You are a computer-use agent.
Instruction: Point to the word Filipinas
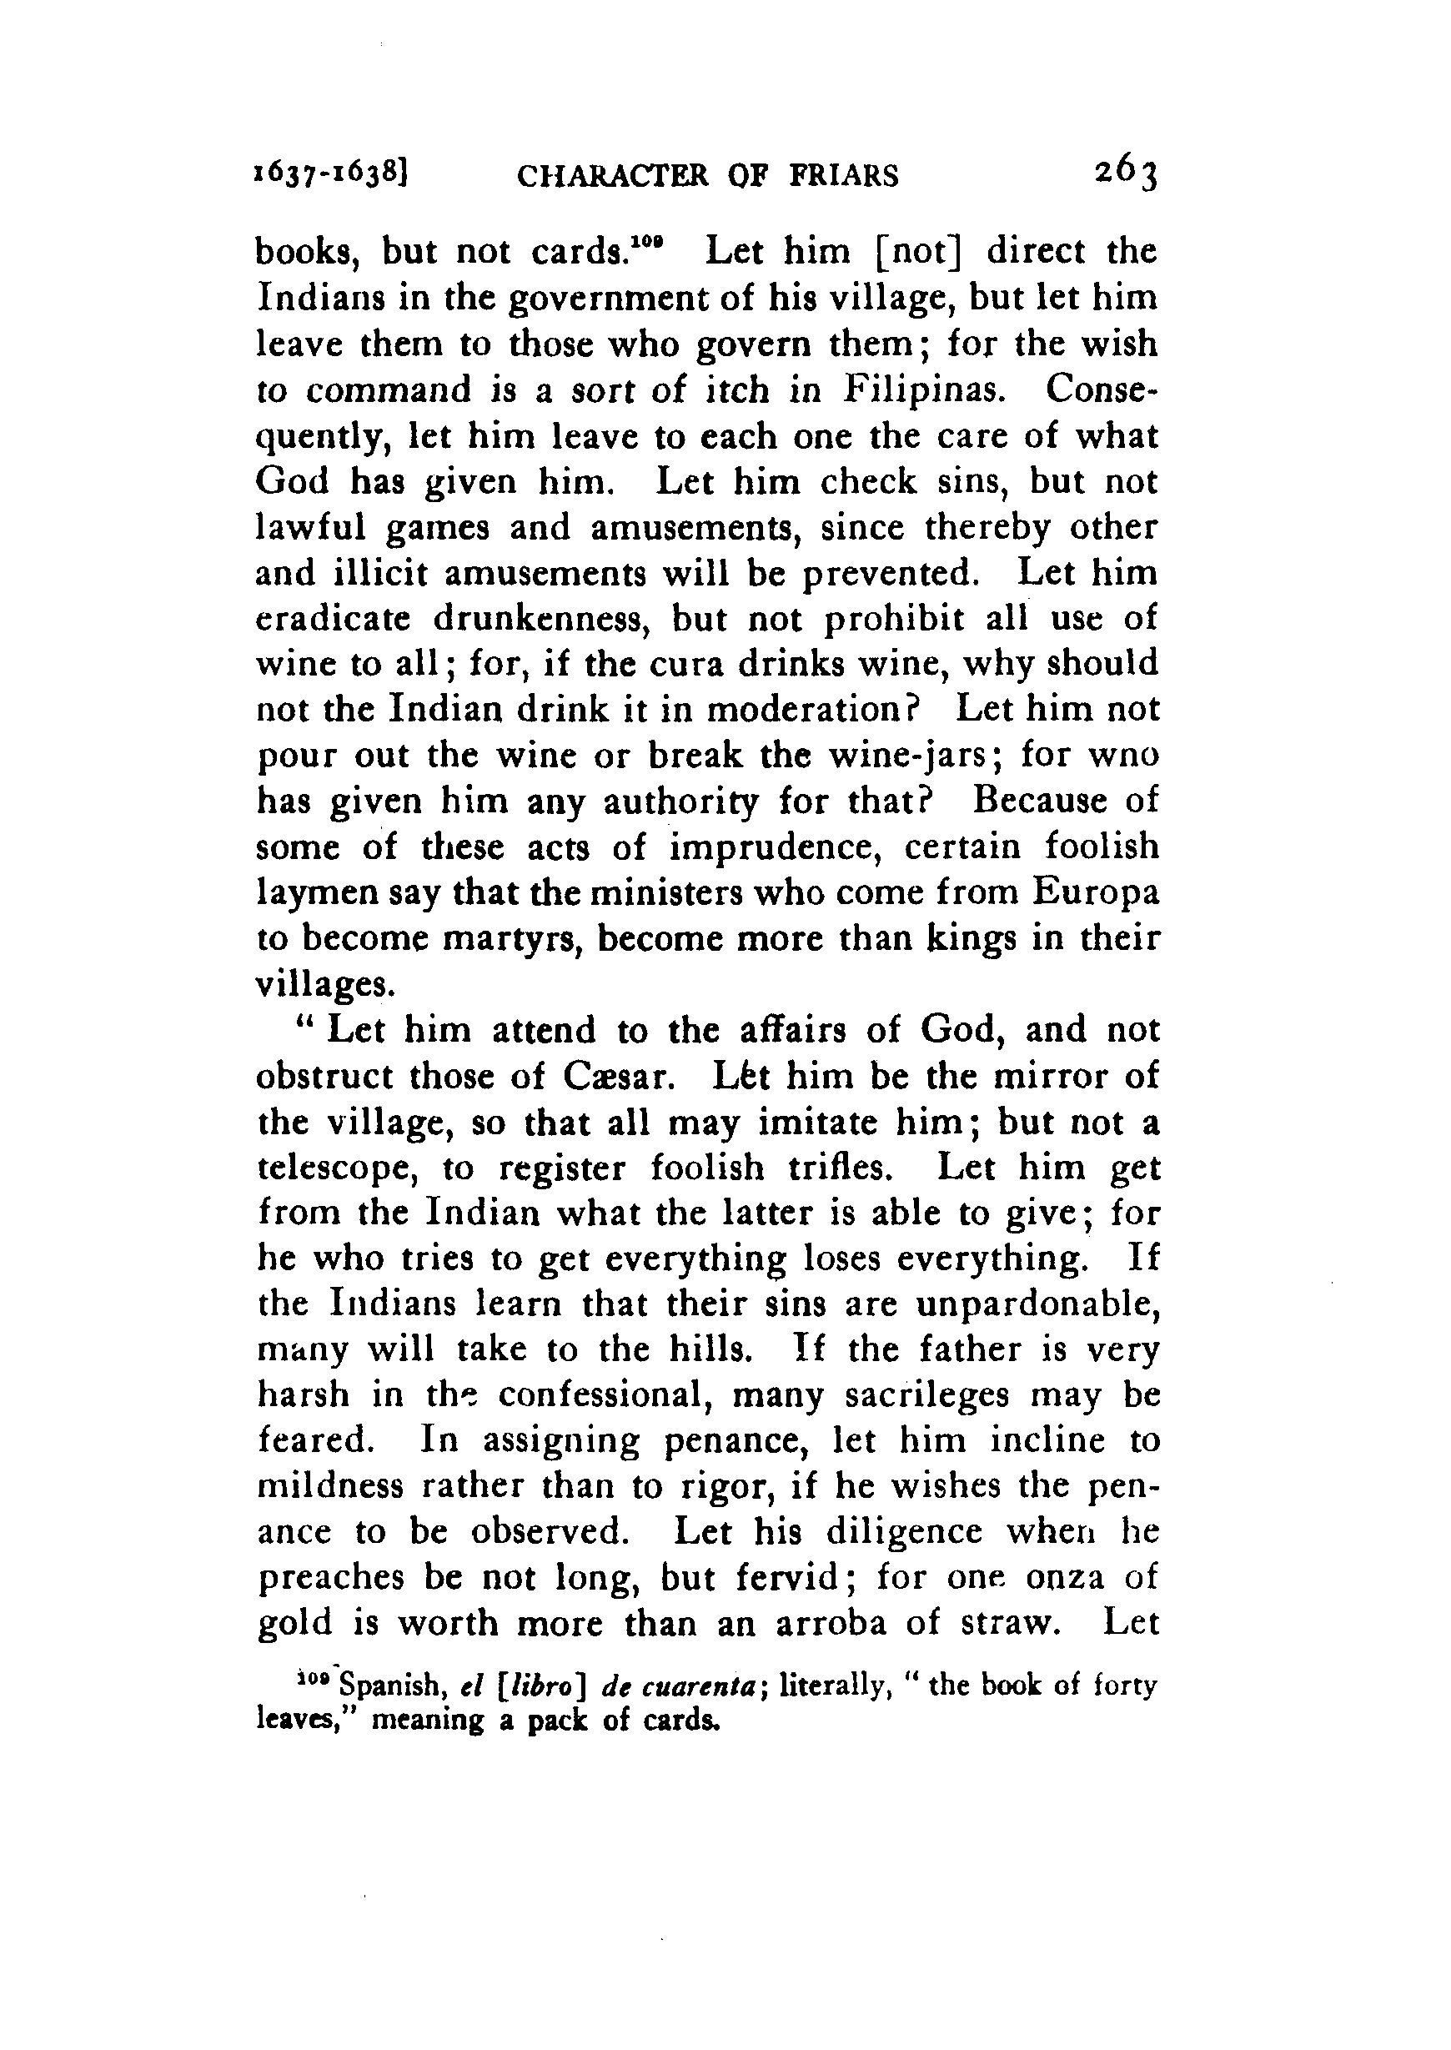921,390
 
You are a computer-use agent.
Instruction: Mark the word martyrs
508,942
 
